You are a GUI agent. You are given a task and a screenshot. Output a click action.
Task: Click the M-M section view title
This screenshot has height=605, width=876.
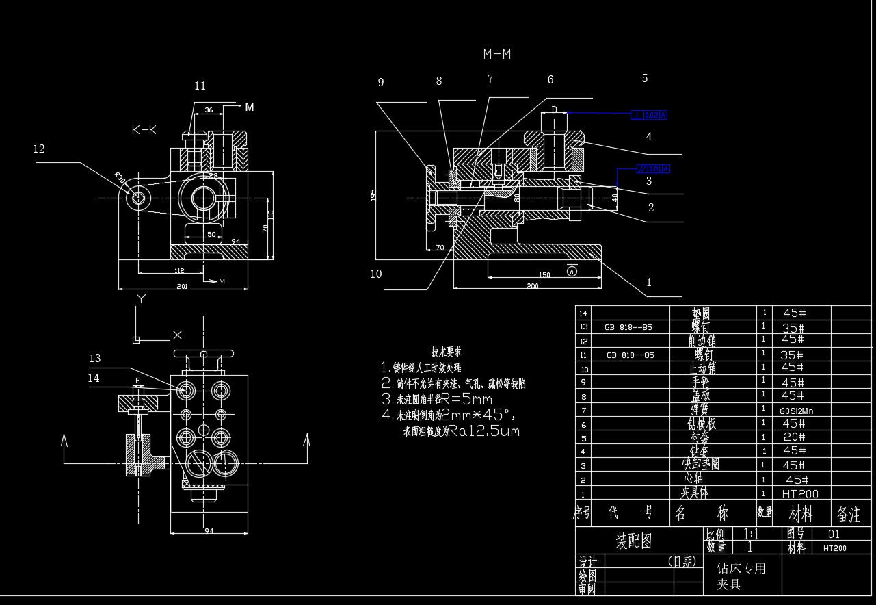(x=497, y=54)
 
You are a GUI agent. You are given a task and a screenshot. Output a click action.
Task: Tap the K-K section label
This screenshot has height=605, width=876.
(x=144, y=130)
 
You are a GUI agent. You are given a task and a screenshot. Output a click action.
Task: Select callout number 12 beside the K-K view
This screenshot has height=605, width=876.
(x=39, y=149)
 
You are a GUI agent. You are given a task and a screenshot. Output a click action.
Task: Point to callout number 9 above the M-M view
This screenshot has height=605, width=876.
(x=381, y=83)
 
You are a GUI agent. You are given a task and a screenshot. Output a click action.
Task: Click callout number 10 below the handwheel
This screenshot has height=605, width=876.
(x=375, y=274)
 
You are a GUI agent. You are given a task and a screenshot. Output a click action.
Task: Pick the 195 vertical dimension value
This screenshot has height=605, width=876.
(x=373, y=194)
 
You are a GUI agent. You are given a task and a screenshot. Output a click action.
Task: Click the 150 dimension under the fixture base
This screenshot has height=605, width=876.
(x=544, y=275)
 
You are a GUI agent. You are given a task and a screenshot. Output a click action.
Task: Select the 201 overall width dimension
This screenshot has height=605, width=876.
(x=182, y=286)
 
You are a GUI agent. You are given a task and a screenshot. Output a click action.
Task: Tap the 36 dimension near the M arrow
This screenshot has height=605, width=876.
(x=209, y=110)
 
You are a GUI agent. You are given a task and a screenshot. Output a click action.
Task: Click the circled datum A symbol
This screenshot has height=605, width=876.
(x=572, y=271)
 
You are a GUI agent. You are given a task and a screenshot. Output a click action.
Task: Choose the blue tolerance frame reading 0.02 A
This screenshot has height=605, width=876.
(x=648, y=115)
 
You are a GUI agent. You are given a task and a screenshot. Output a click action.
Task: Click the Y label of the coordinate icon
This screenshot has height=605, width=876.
(x=141, y=299)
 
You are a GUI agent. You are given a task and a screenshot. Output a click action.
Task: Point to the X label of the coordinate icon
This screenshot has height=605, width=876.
(x=177, y=335)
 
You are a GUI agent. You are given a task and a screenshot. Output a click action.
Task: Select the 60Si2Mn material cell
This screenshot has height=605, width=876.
(x=796, y=411)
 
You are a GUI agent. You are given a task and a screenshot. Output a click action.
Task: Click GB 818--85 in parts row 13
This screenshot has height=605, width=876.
(x=628, y=327)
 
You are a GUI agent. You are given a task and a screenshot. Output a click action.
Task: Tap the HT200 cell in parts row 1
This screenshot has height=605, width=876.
(x=799, y=493)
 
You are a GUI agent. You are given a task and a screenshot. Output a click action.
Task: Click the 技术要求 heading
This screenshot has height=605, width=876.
(x=447, y=352)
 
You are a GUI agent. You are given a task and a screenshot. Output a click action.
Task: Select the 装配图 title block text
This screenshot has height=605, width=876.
(x=634, y=542)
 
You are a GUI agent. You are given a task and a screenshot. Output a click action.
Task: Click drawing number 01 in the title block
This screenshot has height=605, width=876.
(x=834, y=534)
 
